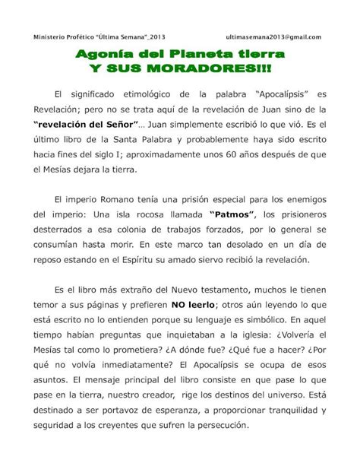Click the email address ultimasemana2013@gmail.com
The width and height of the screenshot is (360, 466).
274,36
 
